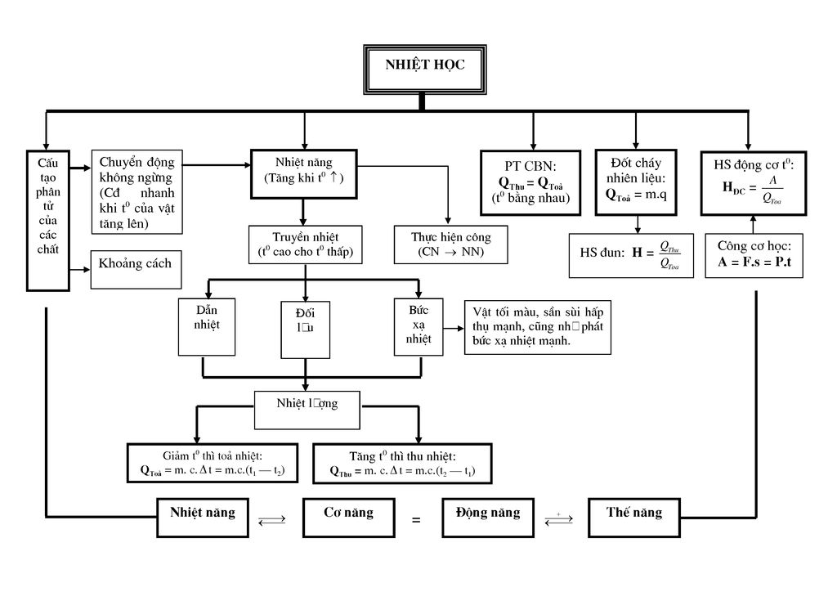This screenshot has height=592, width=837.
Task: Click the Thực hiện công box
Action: (450, 244)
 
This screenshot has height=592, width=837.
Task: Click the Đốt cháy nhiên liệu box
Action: (635, 182)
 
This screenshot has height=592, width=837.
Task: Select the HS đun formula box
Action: (631, 254)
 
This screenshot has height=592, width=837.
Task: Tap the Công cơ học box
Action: (754, 254)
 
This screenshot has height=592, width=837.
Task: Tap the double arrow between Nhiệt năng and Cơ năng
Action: (271, 519)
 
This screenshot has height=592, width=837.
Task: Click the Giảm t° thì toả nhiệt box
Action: (212, 464)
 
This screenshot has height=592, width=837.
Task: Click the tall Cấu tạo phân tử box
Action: (48, 220)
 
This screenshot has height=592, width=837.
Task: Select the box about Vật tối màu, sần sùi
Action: (537, 327)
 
